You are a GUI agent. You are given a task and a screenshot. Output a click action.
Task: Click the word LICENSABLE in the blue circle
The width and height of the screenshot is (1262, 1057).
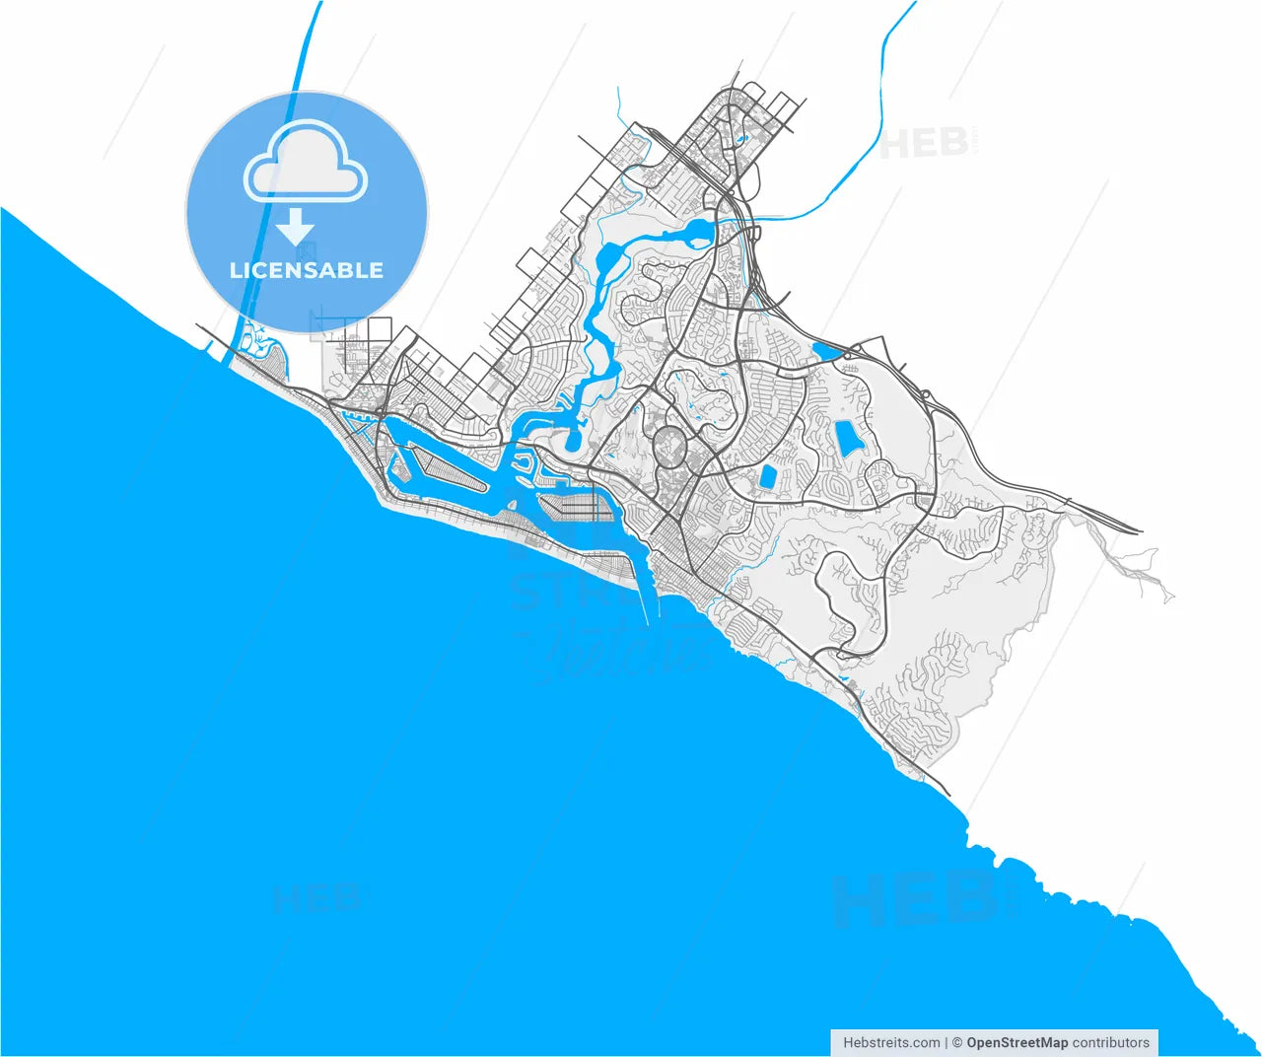coord(306,270)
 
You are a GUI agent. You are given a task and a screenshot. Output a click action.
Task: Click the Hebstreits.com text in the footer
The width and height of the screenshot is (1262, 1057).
coord(891,1042)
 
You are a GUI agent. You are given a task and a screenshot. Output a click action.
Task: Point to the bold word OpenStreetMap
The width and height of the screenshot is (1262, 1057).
coord(1017,1042)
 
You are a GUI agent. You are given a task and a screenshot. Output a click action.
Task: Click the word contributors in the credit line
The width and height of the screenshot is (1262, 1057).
coord(1111,1042)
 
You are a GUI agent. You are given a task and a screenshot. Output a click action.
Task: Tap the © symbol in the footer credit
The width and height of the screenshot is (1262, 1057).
coord(956,1042)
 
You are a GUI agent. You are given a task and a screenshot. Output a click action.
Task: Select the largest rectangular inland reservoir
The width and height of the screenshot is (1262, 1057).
coord(846,437)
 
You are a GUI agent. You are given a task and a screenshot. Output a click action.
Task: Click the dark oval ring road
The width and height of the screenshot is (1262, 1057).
coord(671,447)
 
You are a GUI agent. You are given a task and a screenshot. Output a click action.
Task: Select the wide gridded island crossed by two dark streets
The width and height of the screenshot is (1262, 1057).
coord(576,505)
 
